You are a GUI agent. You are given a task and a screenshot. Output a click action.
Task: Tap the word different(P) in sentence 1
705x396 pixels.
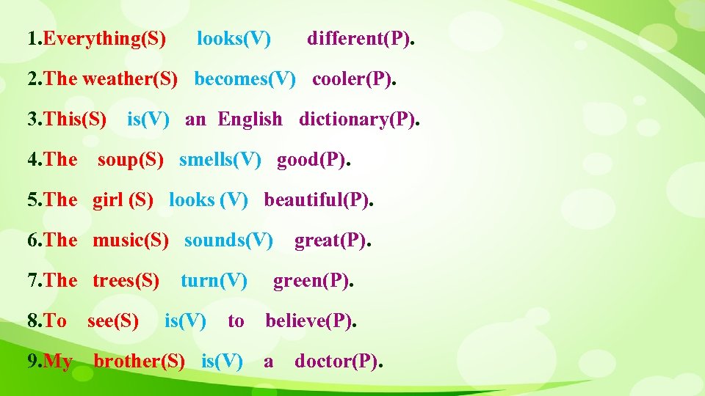(x=358, y=38)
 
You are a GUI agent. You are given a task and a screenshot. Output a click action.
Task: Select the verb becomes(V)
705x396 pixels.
(x=245, y=78)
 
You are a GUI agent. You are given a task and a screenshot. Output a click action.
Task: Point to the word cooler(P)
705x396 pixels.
(x=352, y=78)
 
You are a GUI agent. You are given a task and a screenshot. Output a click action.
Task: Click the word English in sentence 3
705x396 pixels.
(x=250, y=119)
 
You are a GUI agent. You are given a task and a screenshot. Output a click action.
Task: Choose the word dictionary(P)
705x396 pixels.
(x=357, y=119)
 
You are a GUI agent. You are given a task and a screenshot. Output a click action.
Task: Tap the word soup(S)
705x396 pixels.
(x=131, y=159)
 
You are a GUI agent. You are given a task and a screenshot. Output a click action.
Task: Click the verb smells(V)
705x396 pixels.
(x=220, y=159)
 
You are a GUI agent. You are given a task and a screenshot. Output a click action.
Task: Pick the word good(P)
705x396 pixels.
(x=311, y=159)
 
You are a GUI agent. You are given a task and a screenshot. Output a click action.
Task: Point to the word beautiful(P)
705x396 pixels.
(x=317, y=199)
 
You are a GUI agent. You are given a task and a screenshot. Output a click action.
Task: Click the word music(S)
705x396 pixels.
(x=130, y=240)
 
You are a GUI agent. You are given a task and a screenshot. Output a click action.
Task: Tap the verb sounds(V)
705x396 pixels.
(x=228, y=240)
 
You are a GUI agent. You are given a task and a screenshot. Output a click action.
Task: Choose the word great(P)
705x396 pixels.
(x=330, y=240)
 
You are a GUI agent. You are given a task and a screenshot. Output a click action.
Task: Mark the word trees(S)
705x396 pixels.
(x=126, y=280)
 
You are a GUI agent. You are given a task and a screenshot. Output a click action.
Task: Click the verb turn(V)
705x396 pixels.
(x=214, y=280)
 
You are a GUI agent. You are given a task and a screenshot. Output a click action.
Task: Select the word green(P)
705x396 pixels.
(x=311, y=280)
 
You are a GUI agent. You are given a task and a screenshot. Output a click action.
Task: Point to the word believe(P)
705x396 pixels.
(x=308, y=320)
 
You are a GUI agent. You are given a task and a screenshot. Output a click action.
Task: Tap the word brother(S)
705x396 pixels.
(x=139, y=361)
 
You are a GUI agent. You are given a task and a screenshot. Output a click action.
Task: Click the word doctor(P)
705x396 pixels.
(x=336, y=361)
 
